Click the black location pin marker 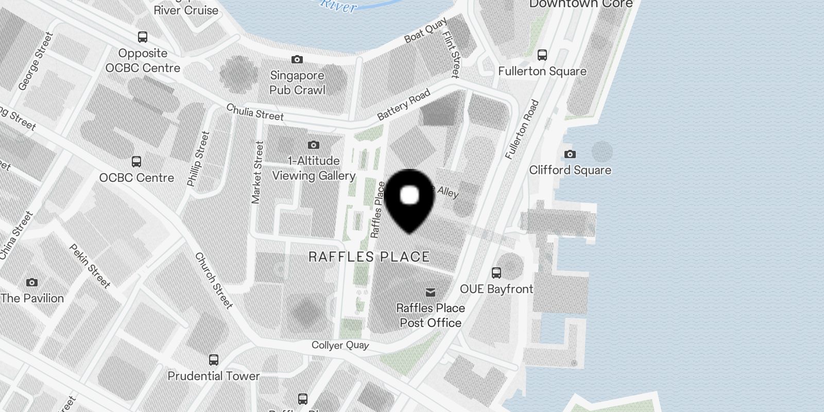pos(409,199)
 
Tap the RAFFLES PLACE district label pos(369,256)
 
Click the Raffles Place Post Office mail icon pos(431,293)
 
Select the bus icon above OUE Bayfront pos(496,273)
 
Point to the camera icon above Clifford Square pos(570,154)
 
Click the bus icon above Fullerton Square pos(542,55)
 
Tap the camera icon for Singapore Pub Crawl pos(297,60)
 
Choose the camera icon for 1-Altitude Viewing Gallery pos(313,145)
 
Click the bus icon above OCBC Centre pos(136,162)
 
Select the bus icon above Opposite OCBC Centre pos(143,37)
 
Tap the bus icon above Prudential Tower pos(214,359)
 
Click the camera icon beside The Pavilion pos(32,282)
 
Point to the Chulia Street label pos(255,112)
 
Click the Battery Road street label pos(404,105)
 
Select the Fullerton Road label pos(522,129)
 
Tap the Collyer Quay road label pos(340,345)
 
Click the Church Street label pos(214,281)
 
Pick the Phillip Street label pos(198,159)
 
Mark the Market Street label pos(257,173)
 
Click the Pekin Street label pos(90,266)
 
